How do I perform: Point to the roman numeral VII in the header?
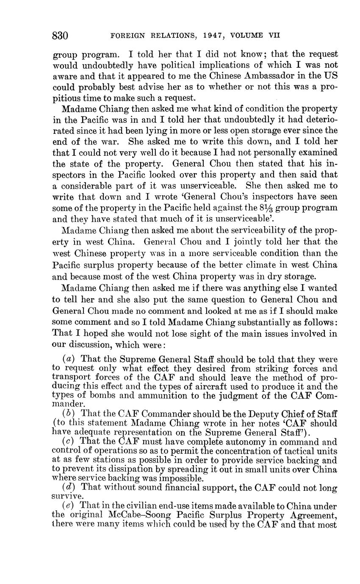274,36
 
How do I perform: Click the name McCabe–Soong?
155,515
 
